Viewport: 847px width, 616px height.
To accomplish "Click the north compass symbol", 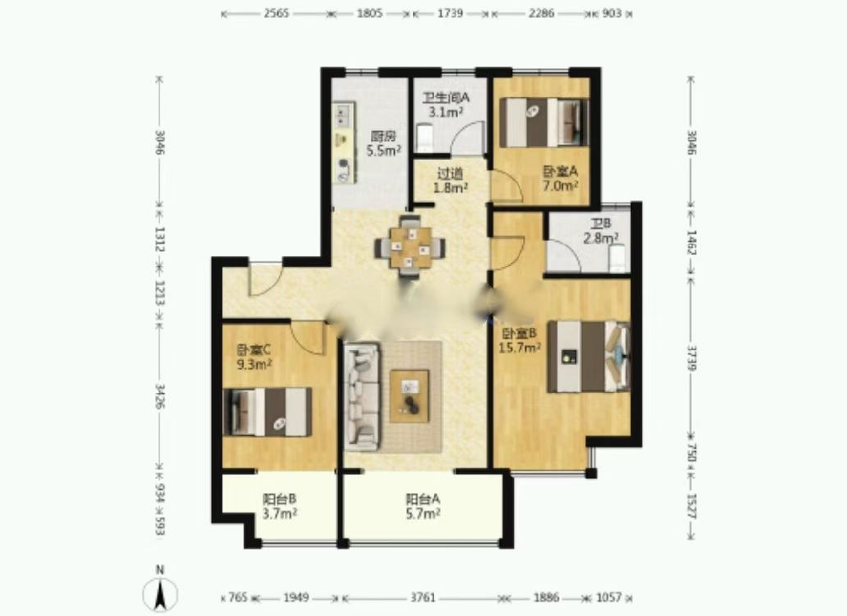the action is pyautogui.click(x=160, y=593).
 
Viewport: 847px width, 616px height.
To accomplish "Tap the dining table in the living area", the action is pyautogui.click(x=410, y=248).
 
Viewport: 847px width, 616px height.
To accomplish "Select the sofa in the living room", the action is pyautogui.click(x=361, y=396).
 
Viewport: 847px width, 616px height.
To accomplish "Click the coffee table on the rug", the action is pyautogui.click(x=410, y=395).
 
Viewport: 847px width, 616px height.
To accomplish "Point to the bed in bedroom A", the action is pyautogui.click(x=544, y=122).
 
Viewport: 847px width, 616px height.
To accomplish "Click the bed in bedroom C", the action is pyautogui.click(x=268, y=412).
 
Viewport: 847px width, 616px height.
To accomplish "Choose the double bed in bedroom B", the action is pyautogui.click(x=588, y=356).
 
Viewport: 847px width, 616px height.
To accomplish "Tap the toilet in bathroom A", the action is pyautogui.click(x=424, y=138).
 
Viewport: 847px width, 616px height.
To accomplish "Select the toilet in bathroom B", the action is pyautogui.click(x=617, y=258).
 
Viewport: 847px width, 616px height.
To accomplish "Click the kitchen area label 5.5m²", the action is pyautogui.click(x=383, y=151).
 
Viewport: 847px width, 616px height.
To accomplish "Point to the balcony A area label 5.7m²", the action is pyautogui.click(x=423, y=514).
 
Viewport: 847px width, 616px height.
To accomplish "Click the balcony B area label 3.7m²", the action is pyautogui.click(x=280, y=514).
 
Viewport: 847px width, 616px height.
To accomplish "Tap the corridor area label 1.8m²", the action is pyautogui.click(x=451, y=187).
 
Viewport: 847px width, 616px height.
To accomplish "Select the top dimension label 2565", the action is pyautogui.click(x=277, y=13).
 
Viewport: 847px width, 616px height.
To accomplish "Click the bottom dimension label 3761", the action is pyautogui.click(x=423, y=598).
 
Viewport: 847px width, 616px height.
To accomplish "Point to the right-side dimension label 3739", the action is pyautogui.click(x=691, y=358).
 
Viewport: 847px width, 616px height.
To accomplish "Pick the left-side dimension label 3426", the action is pyautogui.click(x=160, y=395).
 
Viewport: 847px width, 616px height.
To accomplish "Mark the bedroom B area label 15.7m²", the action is pyautogui.click(x=520, y=348).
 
